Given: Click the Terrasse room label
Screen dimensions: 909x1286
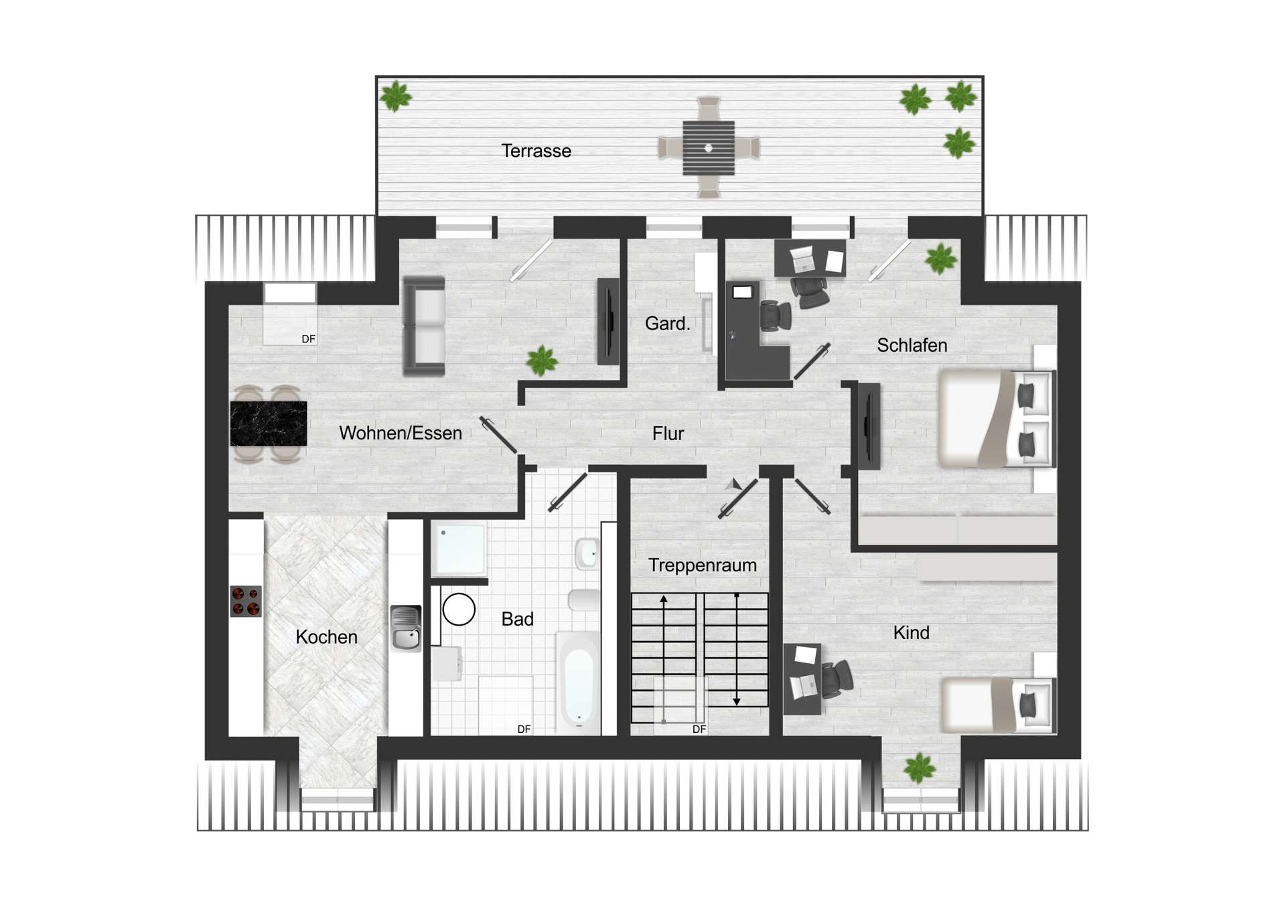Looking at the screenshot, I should (536, 151).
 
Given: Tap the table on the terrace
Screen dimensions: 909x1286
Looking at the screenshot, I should (709, 147).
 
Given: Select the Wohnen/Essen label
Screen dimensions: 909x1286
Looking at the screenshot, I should (401, 433).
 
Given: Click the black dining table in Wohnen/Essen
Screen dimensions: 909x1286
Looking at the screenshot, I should (269, 423).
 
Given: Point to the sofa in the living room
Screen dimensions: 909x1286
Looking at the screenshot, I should (424, 326).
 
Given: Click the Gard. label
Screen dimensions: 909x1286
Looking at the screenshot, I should (667, 324).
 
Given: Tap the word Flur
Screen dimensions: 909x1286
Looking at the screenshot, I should (668, 434).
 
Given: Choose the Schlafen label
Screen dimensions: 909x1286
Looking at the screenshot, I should (912, 346).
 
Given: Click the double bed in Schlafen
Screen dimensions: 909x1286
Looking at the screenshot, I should (995, 418).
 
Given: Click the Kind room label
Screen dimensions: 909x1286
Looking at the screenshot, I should (911, 633).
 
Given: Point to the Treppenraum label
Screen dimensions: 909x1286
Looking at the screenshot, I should (702, 565).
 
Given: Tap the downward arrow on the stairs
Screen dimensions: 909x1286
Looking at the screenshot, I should (737, 699).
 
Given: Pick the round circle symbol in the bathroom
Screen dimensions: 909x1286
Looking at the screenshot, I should (459, 610).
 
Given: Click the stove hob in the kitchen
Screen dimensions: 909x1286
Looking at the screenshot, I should (246, 601).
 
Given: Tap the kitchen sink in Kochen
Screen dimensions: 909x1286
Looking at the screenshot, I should (406, 628).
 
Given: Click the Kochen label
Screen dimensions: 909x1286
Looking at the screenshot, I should (326, 637).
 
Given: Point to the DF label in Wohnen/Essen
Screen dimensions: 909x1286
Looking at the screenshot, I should (308, 339).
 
